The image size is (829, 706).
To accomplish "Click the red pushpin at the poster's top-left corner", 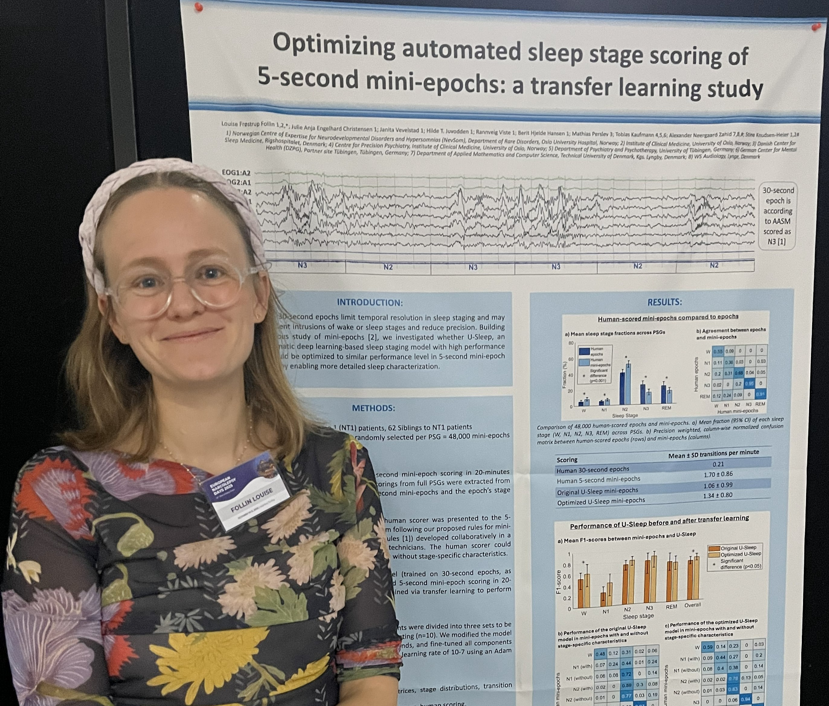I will pyautogui.click(x=198, y=7).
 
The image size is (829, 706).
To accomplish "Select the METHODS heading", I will pyautogui.click(x=373, y=408).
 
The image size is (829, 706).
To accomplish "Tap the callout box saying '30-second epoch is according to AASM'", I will pyautogui.click(x=777, y=216).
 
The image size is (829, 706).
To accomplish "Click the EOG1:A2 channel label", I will pyautogui.click(x=236, y=173).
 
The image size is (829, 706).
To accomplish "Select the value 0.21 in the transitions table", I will pyautogui.click(x=718, y=464).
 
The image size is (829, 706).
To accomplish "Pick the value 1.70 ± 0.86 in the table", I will pyautogui.click(x=718, y=474).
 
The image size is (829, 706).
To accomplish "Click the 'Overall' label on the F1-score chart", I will pyautogui.click(x=692, y=605).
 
